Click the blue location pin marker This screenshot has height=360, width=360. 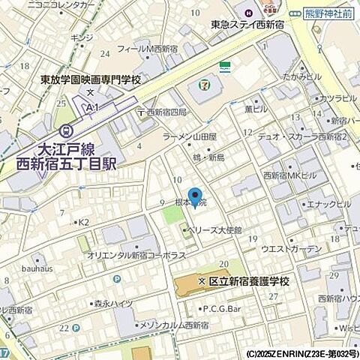pyautogui.click(x=195, y=196)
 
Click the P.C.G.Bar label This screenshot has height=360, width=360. pyautogui.click(x=224, y=308)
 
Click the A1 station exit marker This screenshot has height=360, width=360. pyautogui.click(x=93, y=108)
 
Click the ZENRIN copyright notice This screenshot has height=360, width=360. pyautogui.click(x=301, y=352)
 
